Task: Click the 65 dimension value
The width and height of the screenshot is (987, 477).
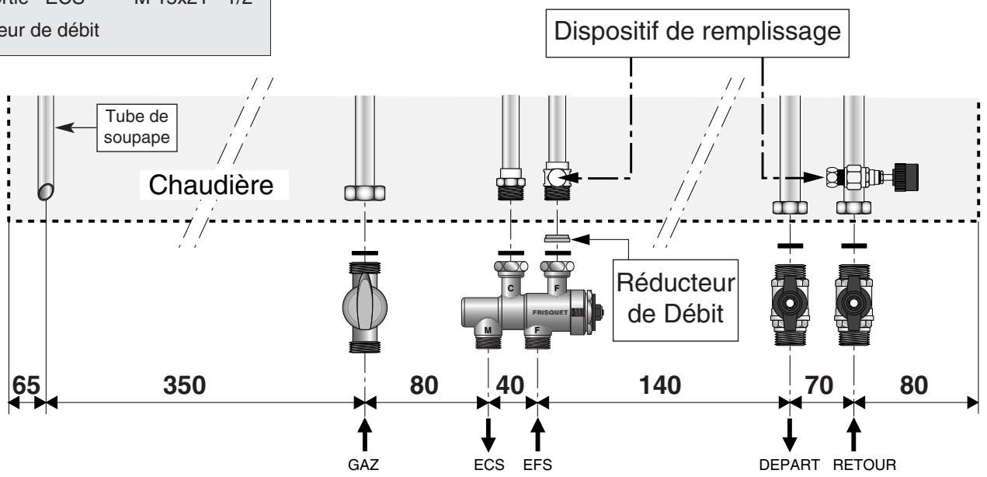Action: [26, 385]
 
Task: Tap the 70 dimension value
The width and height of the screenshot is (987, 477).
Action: [821, 385]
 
